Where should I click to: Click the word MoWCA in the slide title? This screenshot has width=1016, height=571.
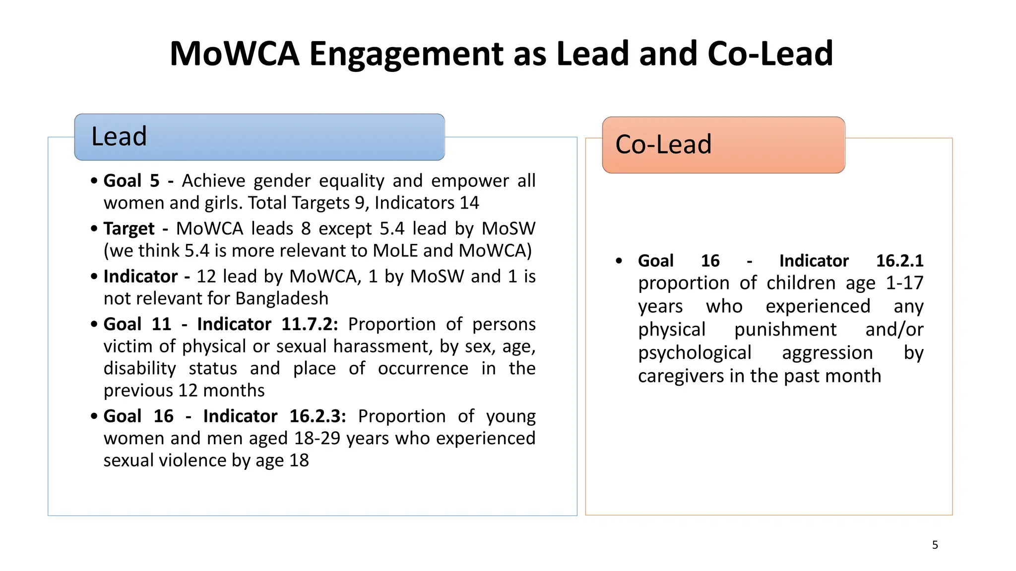tap(234, 54)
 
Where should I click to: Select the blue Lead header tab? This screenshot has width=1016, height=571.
tap(259, 137)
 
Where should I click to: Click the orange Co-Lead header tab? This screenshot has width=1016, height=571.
tap(723, 145)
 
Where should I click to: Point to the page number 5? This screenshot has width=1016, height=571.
tap(935, 545)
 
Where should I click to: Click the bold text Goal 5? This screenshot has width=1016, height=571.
tap(131, 181)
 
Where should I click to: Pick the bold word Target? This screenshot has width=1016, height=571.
tap(129, 228)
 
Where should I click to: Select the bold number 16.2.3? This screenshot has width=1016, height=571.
tap(317, 416)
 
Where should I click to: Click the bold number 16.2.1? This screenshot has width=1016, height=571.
tap(899, 261)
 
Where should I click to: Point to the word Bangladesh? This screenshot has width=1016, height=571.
tap(282, 298)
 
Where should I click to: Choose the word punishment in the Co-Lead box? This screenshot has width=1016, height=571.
tap(785, 330)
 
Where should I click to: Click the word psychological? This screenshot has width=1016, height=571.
tap(695, 353)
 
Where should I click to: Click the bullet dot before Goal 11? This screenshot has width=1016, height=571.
tap(94, 325)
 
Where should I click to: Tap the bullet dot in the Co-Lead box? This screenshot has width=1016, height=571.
tap(619, 261)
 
